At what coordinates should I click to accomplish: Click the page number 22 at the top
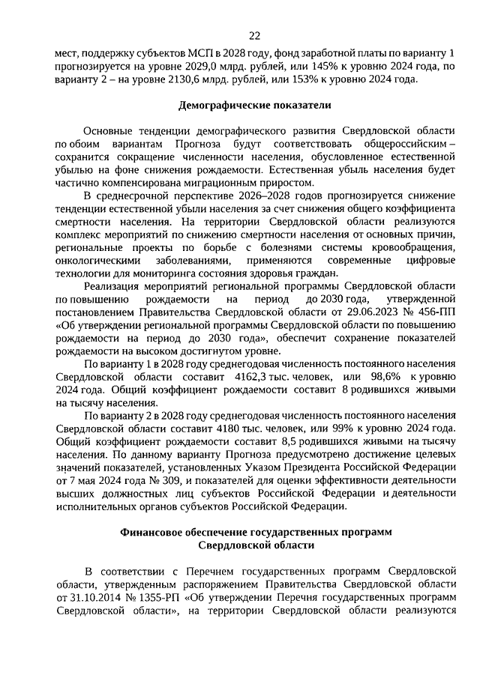pyautogui.click(x=254, y=35)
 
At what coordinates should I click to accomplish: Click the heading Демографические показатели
pyautogui.click(x=254, y=106)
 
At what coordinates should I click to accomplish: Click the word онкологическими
pyautogui.click(x=97, y=259)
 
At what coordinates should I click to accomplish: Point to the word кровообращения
pyautogui.click(x=415, y=246)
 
